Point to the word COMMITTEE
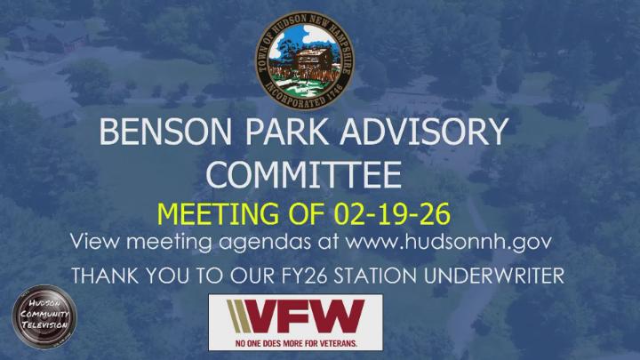tap(303, 175)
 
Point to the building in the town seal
tap(308, 60)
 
